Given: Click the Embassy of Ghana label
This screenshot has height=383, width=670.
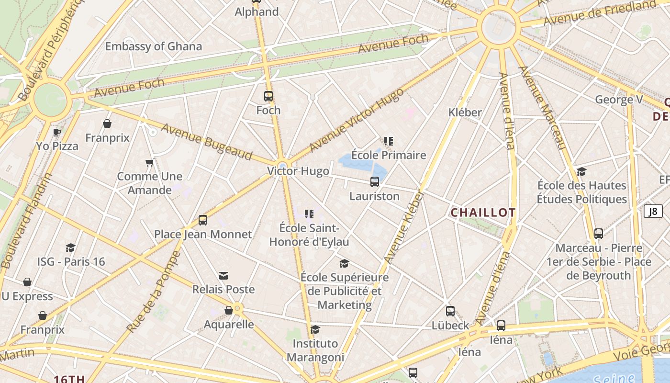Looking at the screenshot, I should [x=154, y=46].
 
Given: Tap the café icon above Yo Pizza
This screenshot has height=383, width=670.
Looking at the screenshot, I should [x=57, y=132].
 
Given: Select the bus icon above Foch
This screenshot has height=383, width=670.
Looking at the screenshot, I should [x=268, y=96].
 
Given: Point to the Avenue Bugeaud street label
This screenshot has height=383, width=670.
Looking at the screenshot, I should [x=207, y=142].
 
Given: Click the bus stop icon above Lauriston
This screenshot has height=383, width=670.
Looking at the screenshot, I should [x=375, y=182].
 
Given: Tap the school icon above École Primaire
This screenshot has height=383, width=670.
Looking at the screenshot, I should [x=389, y=141].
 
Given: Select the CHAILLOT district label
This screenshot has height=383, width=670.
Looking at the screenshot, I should [x=483, y=213].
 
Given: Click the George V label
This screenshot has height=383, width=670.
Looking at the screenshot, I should [x=619, y=100].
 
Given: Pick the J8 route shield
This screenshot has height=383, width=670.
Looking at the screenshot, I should [x=653, y=211].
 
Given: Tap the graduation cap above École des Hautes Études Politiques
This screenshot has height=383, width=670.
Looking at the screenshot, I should [x=582, y=171].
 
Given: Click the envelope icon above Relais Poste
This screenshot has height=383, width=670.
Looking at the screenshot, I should [x=223, y=275].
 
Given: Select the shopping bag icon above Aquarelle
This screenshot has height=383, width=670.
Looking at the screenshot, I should [x=229, y=310].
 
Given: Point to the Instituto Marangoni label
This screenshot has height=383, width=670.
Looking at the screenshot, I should [x=315, y=350].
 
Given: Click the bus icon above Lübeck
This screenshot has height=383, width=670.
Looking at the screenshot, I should [x=450, y=311].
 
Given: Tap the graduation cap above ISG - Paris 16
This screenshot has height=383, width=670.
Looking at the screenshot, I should [x=71, y=248].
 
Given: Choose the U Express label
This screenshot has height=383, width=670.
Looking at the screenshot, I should [x=27, y=296].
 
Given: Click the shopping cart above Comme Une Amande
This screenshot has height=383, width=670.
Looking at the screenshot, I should [x=149, y=163].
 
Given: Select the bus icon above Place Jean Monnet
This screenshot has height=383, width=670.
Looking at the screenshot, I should [x=203, y=220].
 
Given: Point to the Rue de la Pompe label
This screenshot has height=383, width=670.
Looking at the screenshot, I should [x=154, y=292].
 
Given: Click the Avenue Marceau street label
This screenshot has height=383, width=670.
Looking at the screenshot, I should [x=543, y=107].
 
